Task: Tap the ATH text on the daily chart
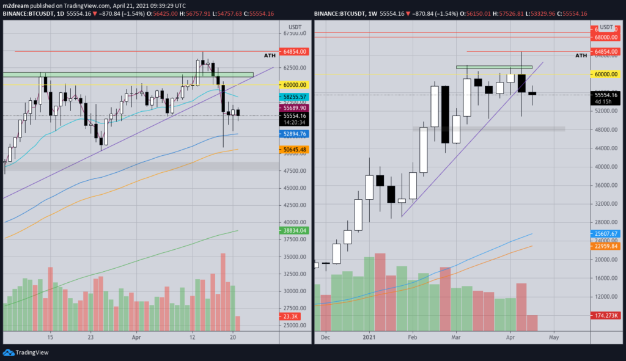pyautogui.click(x=270, y=56)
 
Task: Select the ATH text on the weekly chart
pyautogui.click(x=582, y=56)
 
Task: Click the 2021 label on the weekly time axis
pyautogui.click(x=369, y=337)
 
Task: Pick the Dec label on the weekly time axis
pyautogui.click(x=325, y=337)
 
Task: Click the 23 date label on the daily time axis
pyautogui.click(x=91, y=337)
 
